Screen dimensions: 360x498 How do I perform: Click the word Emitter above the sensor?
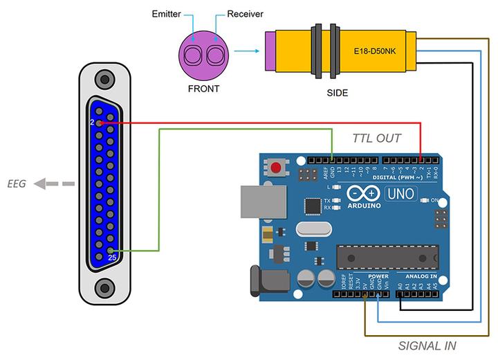click(x=166, y=13)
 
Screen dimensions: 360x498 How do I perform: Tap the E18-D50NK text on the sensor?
click(x=373, y=51)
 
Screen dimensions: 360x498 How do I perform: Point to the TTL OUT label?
click(x=376, y=138)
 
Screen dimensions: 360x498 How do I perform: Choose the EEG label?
click(x=18, y=184)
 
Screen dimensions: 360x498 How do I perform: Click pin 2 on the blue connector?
click(x=101, y=123)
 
